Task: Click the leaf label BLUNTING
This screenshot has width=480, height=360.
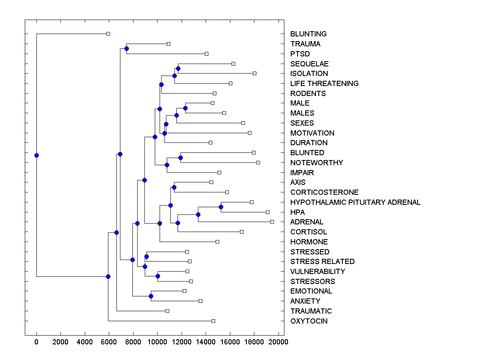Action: pyautogui.click(x=308, y=34)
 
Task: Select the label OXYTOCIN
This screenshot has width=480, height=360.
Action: pyautogui.click(x=309, y=321)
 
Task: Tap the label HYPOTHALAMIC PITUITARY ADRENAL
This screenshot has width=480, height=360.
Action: pyautogui.click(x=355, y=202)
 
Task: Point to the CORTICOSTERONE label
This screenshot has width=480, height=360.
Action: pyautogui.click(x=324, y=192)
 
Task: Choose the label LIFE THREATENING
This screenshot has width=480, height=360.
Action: pyautogui.click(x=324, y=84)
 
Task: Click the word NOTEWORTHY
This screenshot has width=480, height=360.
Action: pyautogui.click(x=316, y=163)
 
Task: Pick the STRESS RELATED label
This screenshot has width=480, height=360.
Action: pyautogui.click(x=322, y=262)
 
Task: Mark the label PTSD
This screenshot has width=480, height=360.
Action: pyautogui.click(x=300, y=54)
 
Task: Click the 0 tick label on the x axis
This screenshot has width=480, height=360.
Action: pyautogui.click(x=36, y=342)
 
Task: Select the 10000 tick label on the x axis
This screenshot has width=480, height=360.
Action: pyautogui.click(x=157, y=342)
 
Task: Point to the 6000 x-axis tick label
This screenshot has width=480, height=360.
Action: pyautogui.click(x=109, y=342)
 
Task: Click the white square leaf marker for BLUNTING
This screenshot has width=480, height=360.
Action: pyautogui.click(x=108, y=34)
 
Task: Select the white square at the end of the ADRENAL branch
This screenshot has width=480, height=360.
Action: pyautogui.click(x=272, y=222)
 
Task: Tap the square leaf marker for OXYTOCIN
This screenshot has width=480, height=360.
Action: pyautogui.click(x=213, y=321)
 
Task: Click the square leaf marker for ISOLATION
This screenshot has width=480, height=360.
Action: pyautogui.click(x=254, y=73)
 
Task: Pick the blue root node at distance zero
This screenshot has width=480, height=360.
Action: pyautogui.click(x=36, y=155)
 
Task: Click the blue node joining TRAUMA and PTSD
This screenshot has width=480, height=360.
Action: pyautogui.click(x=126, y=49)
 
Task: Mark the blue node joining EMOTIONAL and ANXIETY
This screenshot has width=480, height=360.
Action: pyautogui.click(x=151, y=296)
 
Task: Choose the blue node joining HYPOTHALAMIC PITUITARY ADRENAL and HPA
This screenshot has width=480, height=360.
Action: pyautogui.click(x=221, y=207)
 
